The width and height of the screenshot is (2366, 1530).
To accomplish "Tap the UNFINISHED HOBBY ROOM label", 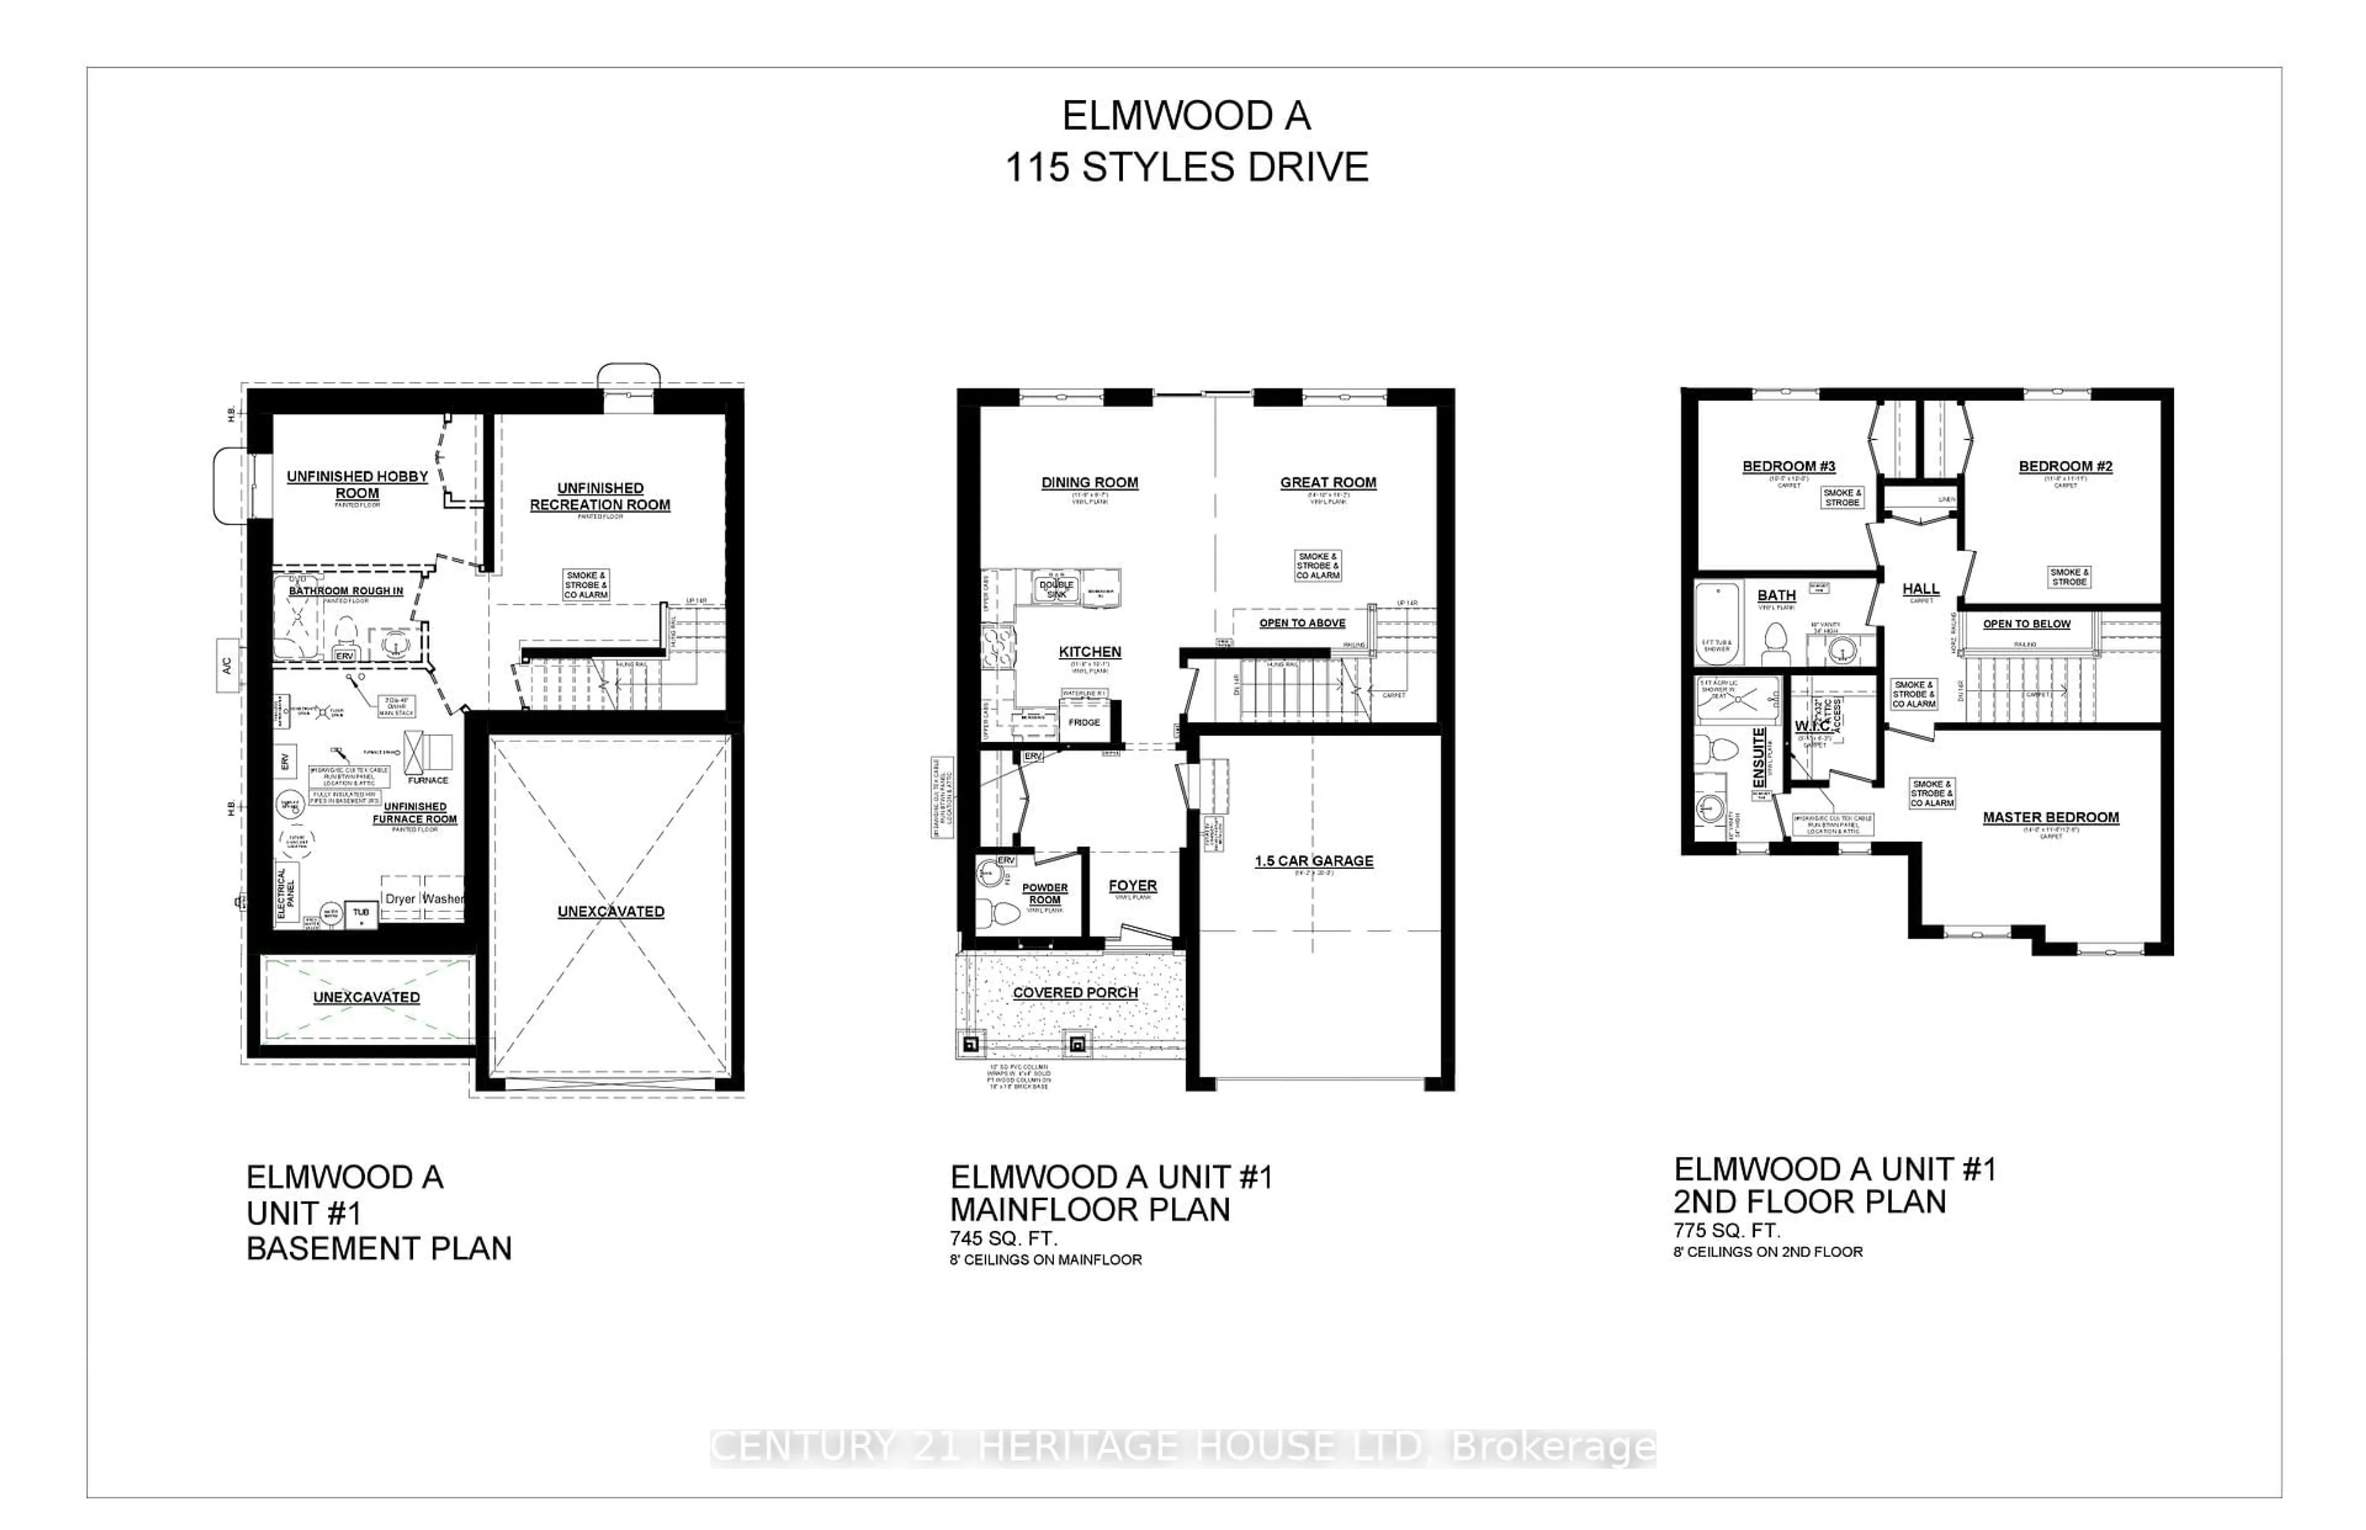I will (x=357, y=485).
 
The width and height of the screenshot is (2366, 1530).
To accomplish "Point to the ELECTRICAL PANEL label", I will (x=285, y=892).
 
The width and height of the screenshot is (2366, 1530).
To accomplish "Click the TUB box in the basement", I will (x=360, y=912).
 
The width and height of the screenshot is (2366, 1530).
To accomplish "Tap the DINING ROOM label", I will (x=1089, y=483).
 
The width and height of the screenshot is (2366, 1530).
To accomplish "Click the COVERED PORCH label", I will (x=1075, y=992).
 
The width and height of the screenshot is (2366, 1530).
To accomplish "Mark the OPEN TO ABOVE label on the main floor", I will (x=1302, y=623).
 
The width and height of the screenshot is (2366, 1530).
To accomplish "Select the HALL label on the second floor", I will (x=1921, y=589).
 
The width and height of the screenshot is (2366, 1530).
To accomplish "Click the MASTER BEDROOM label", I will (x=2050, y=817).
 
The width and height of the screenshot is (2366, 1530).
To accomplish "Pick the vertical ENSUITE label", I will (x=1759, y=758).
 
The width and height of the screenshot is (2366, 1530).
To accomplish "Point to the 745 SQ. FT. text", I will (x=1004, y=1238).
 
